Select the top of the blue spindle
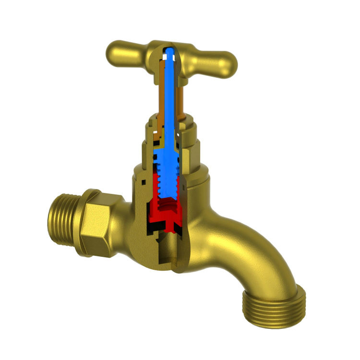(x=169, y=50)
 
